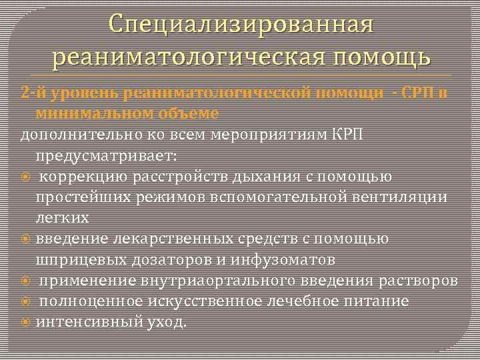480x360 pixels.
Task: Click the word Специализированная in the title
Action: [x=240, y=25]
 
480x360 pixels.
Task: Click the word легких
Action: [x=62, y=217]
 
